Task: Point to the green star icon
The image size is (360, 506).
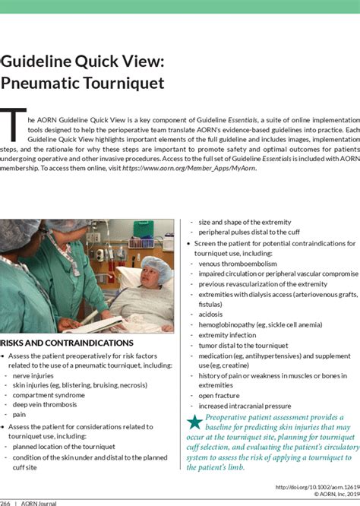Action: pyautogui.click(x=194, y=422)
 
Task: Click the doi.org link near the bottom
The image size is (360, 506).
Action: pyautogui.click(x=312, y=487)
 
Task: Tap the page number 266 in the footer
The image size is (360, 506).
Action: pyautogui.click(x=5, y=503)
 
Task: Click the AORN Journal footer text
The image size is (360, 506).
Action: pyautogui.click(x=39, y=503)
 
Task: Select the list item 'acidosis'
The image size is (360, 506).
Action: pyautogui.click(x=210, y=314)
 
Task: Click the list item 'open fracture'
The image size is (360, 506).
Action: pyautogui.click(x=217, y=395)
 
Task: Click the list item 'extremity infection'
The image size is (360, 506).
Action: pyautogui.click(x=227, y=334)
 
